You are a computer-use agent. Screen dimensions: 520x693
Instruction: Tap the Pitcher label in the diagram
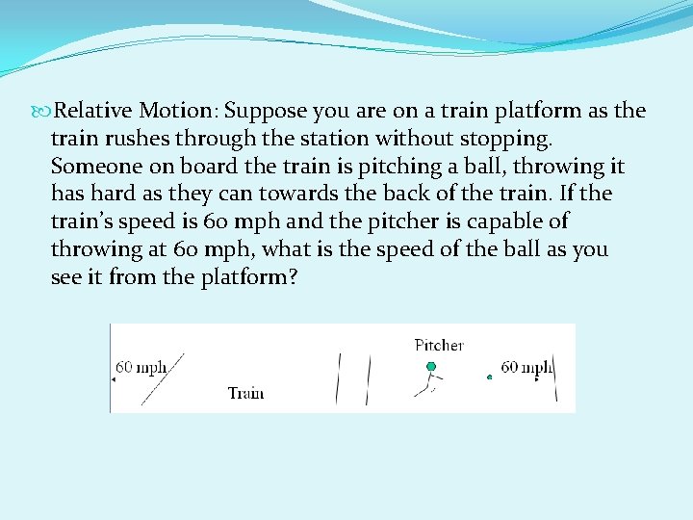point(439,345)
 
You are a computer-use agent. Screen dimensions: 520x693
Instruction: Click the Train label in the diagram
point(245,392)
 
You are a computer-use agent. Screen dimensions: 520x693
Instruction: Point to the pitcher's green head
point(431,367)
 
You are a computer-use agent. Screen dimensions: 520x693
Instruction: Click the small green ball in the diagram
point(489,377)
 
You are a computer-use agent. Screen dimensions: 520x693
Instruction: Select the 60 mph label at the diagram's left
point(141,367)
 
